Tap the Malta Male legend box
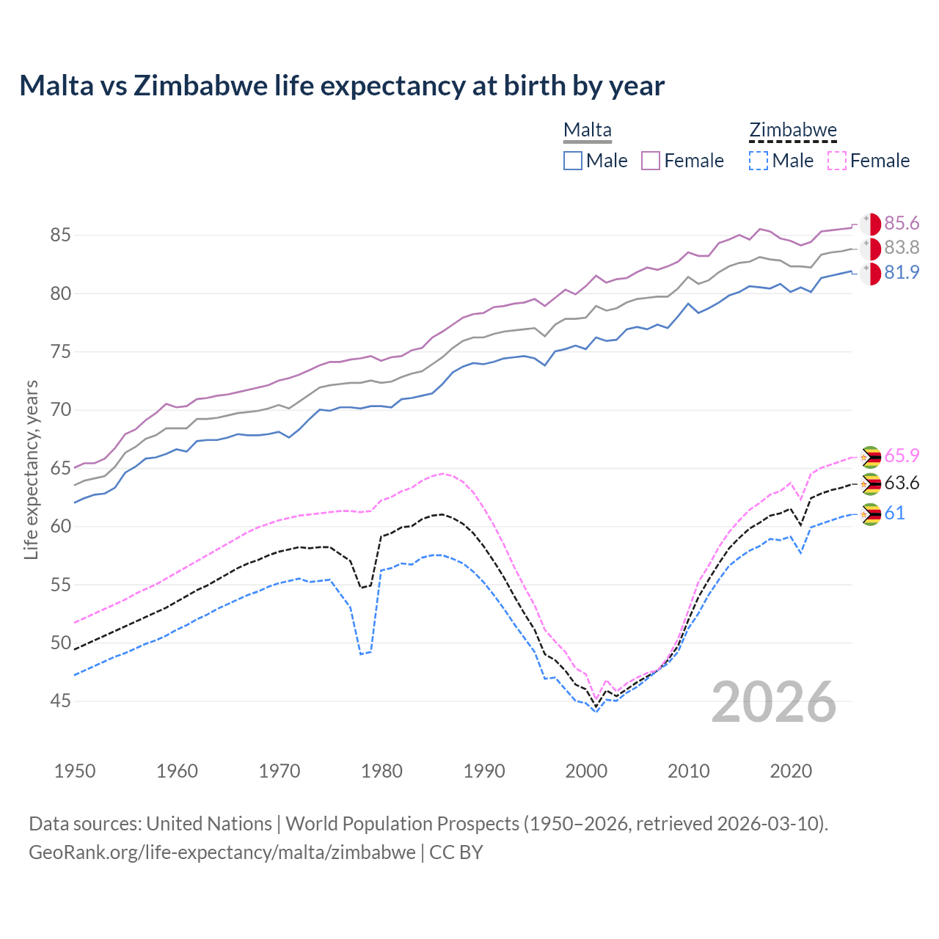(x=573, y=161)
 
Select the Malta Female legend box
(x=651, y=161)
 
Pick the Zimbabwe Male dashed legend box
(x=759, y=161)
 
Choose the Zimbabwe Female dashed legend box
(x=837, y=161)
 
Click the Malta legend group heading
(x=587, y=131)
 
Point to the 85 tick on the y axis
(x=61, y=235)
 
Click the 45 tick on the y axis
(x=61, y=701)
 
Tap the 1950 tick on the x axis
(x=75, y=771)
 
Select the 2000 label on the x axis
(x=586, y=771)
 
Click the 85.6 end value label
(x=902, y=224)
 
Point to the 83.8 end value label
(x=902, y=248)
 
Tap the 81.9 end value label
(x=902, y=273)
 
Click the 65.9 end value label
(x=902, y=456)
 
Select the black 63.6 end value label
(x=902, y=483)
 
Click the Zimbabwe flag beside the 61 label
(x=870, y=514)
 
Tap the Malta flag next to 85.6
(x=870, y=224)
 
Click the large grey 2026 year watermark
(x=774, y=702)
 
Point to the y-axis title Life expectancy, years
(x=32, y=469)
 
